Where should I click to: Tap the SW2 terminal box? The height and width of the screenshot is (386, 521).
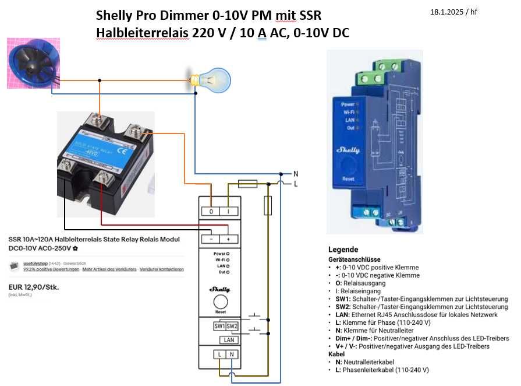[x=231, y=325]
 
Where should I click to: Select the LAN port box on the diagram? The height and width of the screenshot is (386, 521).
[x=229, y=339]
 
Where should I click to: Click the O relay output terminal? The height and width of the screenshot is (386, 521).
[x=211, y=212]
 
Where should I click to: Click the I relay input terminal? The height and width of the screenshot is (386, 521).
[x=228, y=212]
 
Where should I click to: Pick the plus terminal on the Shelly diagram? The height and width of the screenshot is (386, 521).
[x=229, y=239]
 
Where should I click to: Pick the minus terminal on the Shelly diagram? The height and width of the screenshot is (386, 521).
[x=211, y=239]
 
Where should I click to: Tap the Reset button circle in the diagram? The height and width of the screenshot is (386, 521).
[x=221, y=301]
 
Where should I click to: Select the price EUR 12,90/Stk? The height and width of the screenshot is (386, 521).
[x=34, y=287]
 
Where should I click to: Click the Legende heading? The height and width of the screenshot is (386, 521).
[x=343, y=249]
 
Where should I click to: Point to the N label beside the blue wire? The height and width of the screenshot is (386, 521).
[x=296, y=174]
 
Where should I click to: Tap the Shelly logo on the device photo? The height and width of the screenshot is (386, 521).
[x=349, y=150]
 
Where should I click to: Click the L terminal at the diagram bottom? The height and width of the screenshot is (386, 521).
[x=219, y=354]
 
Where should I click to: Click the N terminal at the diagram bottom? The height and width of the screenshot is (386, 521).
[x=232, y=354]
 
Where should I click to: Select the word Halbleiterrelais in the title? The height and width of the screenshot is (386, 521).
[x=143, y=33]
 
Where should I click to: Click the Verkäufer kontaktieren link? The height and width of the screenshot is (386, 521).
[x=162, y=269]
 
